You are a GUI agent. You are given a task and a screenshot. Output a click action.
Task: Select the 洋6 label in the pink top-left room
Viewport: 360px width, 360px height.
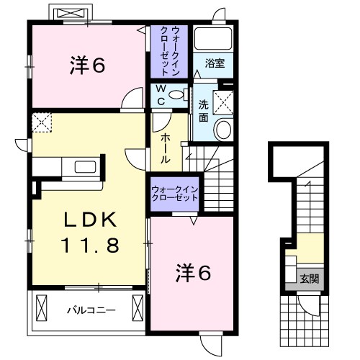tap(87, 66)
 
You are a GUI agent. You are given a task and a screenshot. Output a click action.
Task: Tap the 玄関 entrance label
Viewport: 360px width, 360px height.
tap(308, 277)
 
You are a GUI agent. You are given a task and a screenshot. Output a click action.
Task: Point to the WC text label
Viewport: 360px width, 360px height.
tap(161, 96)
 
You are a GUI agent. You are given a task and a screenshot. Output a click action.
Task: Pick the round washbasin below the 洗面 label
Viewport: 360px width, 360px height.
tap(223, 130)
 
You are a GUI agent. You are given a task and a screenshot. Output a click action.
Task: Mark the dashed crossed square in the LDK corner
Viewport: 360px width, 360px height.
tap(42, 122)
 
